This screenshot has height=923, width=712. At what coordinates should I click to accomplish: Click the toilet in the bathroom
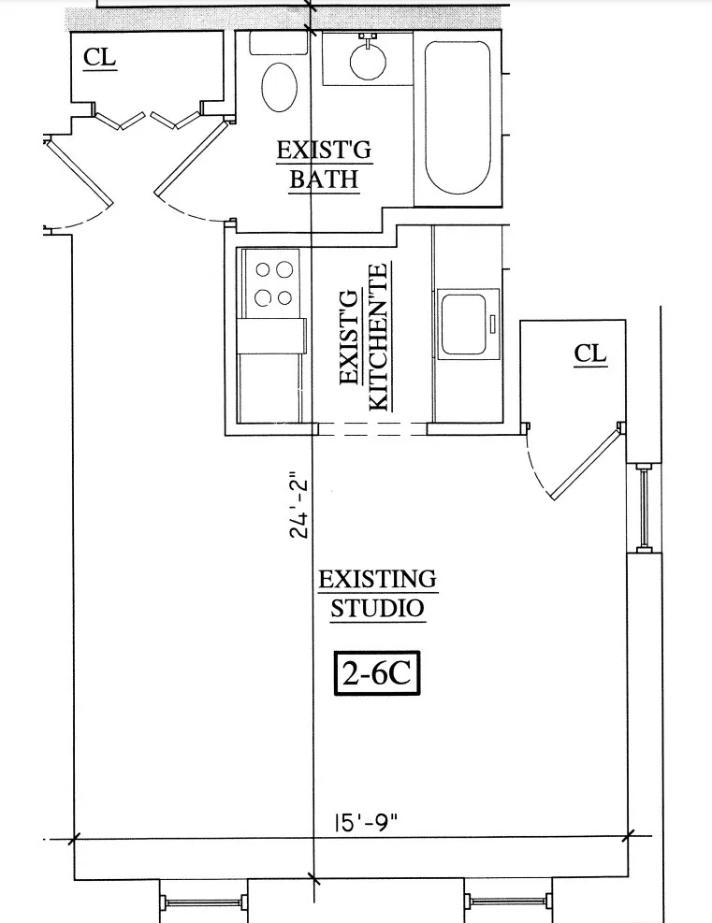(x=278, y=86)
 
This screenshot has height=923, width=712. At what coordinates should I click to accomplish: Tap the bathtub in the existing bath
(x=458, y=117)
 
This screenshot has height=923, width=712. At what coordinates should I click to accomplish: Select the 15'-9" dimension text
(x=367, y=824)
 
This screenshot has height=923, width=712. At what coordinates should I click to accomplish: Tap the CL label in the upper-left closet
(x=100, y=57)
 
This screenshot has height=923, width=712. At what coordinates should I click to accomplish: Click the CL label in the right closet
(x=590, y=353)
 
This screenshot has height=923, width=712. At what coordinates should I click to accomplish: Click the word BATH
(x=324, y=179)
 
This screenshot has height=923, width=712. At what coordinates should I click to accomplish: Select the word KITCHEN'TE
(x=379, y=337)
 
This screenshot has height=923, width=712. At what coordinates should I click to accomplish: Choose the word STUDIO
(x=377, y=608)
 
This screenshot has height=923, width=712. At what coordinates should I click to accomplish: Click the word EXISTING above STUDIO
(x=377, y=578)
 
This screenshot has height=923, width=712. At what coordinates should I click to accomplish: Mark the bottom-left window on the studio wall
(x=204, y=901)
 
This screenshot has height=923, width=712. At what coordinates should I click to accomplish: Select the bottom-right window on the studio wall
(x=506, y=901)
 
